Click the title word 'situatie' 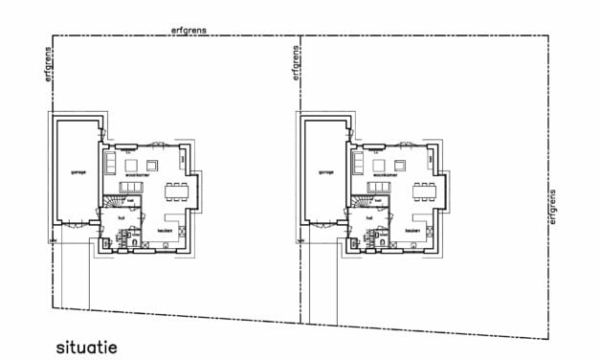[x=86, y=347]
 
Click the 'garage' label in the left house [x=78, y=172]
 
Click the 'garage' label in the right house [x=325, y=172]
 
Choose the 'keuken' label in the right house [x=412, y=231]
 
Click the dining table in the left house [x=175, y=191]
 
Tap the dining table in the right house [x=423, y=191]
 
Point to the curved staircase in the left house [x=114, y=203]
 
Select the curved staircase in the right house [x=362, y=203]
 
